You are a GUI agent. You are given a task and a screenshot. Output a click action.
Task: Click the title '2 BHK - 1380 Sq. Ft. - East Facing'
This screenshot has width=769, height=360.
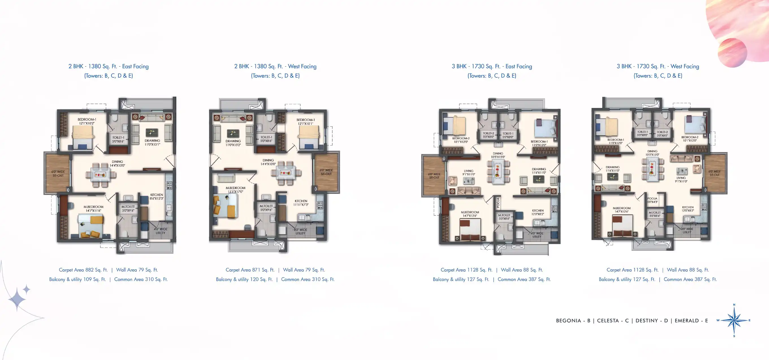108,66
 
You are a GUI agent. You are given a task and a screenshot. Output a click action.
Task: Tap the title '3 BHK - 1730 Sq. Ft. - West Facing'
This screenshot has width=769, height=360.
658,66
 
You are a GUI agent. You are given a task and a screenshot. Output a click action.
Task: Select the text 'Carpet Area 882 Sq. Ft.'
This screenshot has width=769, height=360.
83,270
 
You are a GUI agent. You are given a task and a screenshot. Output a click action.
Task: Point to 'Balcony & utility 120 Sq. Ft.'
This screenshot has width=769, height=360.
244,279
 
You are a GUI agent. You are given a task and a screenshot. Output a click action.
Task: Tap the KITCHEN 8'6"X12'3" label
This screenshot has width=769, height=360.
156,196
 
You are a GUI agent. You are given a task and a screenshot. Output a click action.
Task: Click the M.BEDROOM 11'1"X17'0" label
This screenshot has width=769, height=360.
235,190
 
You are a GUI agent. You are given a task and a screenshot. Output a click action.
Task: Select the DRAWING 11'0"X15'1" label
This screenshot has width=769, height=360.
152,142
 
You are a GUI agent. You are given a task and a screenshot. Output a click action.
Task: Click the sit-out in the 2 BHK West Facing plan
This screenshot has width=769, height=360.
326,172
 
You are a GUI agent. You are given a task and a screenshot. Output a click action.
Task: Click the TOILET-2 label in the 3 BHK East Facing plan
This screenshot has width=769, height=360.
488,135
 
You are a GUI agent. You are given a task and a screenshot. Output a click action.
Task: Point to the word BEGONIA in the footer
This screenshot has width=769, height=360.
568,321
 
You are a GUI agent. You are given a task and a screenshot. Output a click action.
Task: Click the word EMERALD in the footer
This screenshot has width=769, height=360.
686,321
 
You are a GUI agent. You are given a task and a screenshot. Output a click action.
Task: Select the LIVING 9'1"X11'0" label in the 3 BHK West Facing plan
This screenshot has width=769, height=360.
681,179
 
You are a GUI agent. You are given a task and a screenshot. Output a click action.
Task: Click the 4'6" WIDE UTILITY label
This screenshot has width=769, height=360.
160,231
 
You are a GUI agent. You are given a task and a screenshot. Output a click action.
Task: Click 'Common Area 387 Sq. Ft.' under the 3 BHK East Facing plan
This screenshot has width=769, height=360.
524,279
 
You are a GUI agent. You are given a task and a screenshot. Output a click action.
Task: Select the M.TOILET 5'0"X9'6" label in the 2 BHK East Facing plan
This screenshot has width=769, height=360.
128,208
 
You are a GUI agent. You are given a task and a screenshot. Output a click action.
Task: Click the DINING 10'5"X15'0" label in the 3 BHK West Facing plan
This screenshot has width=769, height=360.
652,153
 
